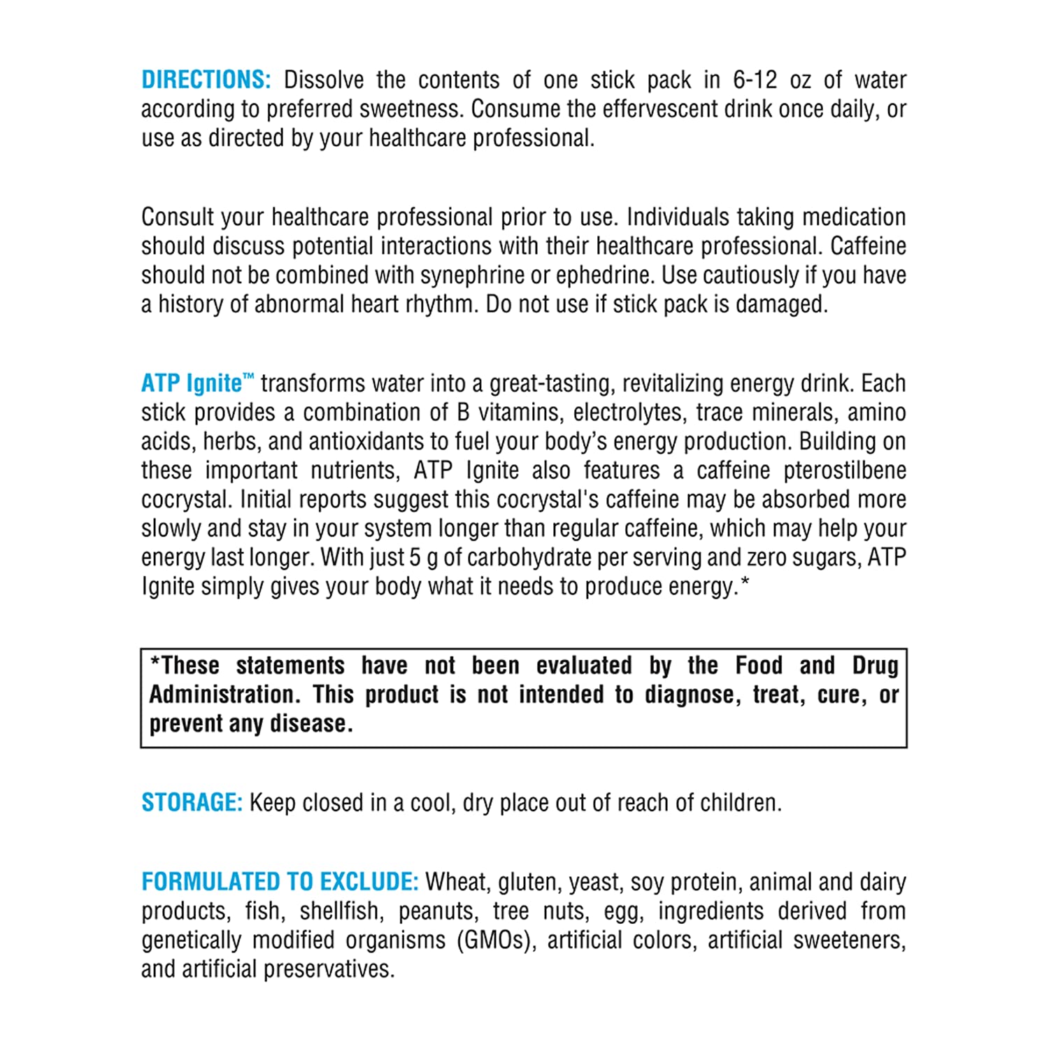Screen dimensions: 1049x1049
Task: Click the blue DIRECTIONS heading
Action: point(206,80)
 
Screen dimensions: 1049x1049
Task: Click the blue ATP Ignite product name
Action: point(192,383)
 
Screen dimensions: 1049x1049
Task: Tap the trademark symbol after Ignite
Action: point(248,378)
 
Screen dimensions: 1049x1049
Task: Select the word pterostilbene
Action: point(845,470)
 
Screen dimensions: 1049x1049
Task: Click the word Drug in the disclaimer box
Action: point(875,665)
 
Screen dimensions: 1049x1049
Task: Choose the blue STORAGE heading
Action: point(192,802)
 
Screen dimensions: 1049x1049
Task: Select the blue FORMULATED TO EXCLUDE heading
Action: point(280,882)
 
